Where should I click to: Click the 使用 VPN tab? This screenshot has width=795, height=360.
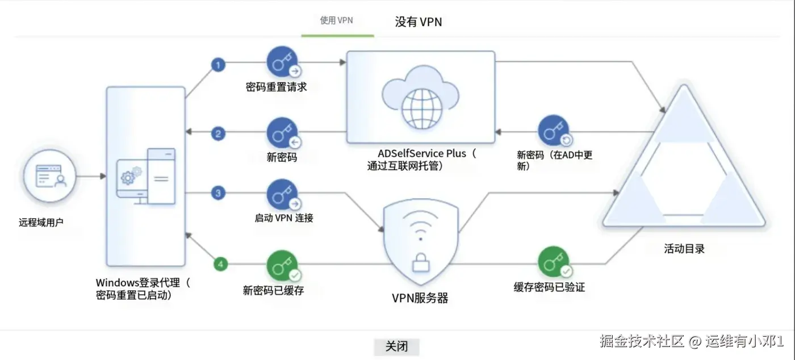coord(337,21)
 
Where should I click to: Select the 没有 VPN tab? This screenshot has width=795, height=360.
coord(418,22)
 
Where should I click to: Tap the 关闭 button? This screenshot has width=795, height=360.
coord(396,346)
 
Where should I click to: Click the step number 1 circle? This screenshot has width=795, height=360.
coord(218,65)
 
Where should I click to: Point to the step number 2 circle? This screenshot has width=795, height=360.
coord(218,134)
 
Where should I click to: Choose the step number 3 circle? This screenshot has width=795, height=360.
coord(218,194)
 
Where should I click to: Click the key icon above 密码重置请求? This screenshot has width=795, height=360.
coord(283,62)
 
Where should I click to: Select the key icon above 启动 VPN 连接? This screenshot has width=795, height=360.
coord(283,195)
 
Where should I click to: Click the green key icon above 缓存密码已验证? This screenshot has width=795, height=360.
coord(554,262)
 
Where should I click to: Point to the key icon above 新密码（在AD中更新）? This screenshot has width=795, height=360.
coord(554,131)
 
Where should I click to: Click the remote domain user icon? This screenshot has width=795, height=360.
coord(51,177)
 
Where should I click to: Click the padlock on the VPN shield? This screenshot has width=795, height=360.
coord(420,263)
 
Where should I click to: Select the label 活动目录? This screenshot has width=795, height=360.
coord(684,249)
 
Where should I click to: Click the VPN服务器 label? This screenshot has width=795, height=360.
coord(420,298)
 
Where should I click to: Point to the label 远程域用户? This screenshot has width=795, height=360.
coord(41,222)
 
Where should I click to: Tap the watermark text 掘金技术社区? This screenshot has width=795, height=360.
coord(642,341)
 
